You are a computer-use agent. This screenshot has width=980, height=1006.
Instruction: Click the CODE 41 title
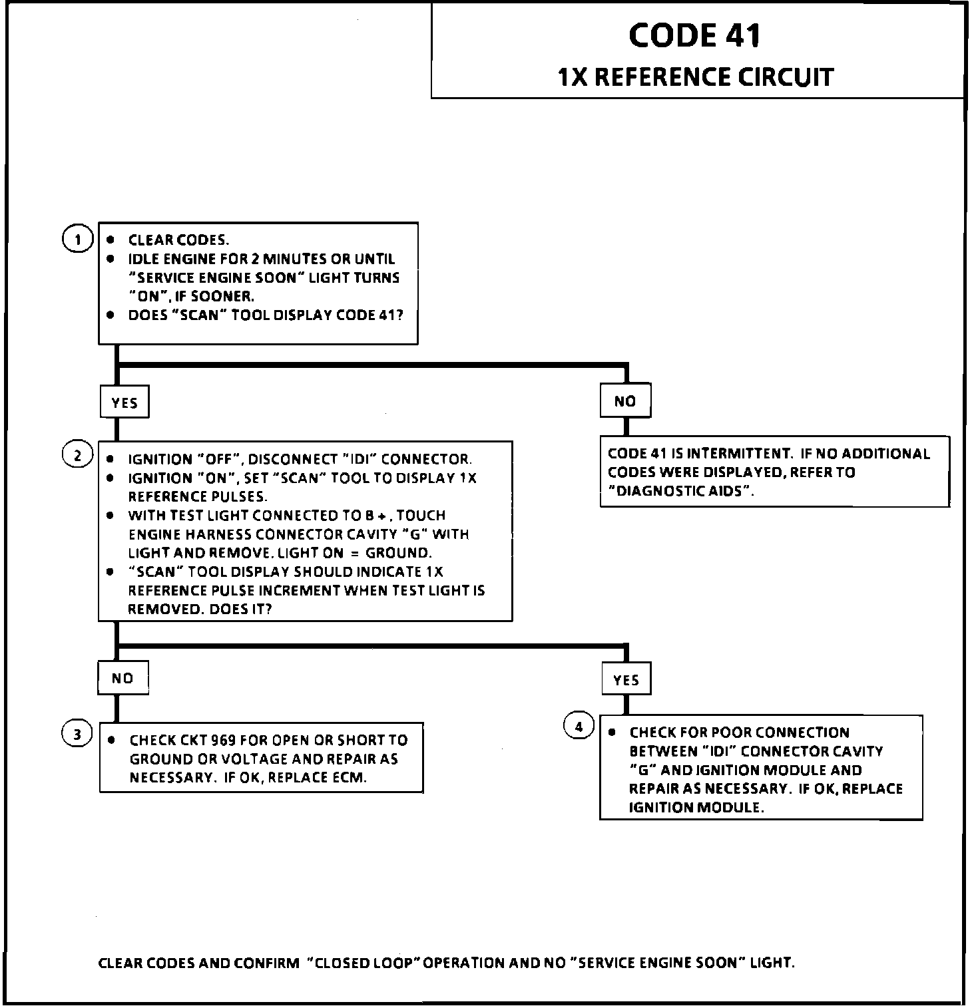pos(694,35)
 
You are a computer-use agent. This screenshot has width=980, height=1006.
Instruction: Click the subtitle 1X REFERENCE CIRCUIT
pos(695,77)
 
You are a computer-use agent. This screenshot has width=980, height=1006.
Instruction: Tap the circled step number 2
pos(77,455)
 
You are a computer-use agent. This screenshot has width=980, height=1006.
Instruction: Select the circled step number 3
pos(77,735)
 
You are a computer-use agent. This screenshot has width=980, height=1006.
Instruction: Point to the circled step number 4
pos(579,727)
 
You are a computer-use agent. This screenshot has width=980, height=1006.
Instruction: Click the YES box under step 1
pos(124,403)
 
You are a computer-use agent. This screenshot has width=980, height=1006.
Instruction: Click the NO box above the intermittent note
pos(624,401)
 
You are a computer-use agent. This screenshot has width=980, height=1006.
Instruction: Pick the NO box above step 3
pos(122,678)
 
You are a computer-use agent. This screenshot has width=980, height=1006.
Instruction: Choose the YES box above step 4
pos(626,679)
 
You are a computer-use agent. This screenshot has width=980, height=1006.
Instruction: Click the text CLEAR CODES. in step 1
pos(178,240)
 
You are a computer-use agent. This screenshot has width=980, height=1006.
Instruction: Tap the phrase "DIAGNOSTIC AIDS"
pos(682,492)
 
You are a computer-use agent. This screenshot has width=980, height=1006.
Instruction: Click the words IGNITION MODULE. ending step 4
pos(696,808)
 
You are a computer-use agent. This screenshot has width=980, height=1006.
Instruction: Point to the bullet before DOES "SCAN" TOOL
pos(111,315)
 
